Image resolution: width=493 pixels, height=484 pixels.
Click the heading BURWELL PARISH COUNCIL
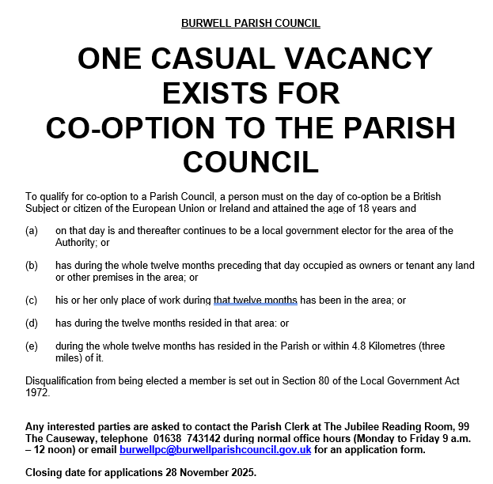251,23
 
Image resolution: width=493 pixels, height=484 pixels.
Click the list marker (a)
32,231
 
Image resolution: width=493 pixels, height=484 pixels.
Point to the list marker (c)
32,301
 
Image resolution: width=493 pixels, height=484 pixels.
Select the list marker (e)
32,346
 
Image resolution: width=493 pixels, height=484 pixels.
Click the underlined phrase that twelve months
255,301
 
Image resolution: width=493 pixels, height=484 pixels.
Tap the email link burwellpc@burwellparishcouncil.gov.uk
215,449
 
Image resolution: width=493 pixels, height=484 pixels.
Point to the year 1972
38,392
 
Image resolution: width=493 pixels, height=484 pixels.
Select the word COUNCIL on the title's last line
251,162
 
